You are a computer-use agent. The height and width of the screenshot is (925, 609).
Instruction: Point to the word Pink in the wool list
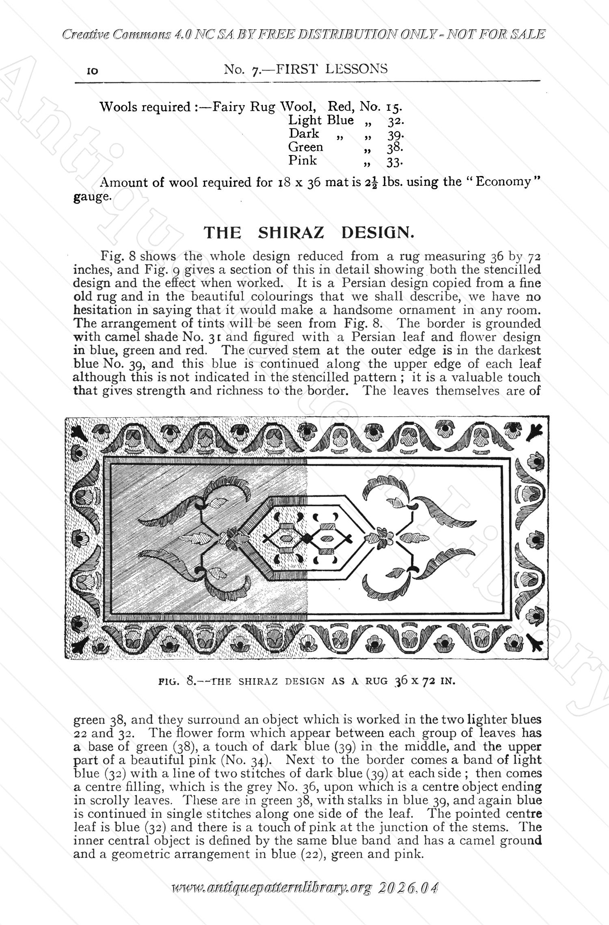point(302,161)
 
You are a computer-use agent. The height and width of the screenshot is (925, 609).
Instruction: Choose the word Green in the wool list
point(305,147)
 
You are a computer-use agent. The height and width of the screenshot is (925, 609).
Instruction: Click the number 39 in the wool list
point(394,134)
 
